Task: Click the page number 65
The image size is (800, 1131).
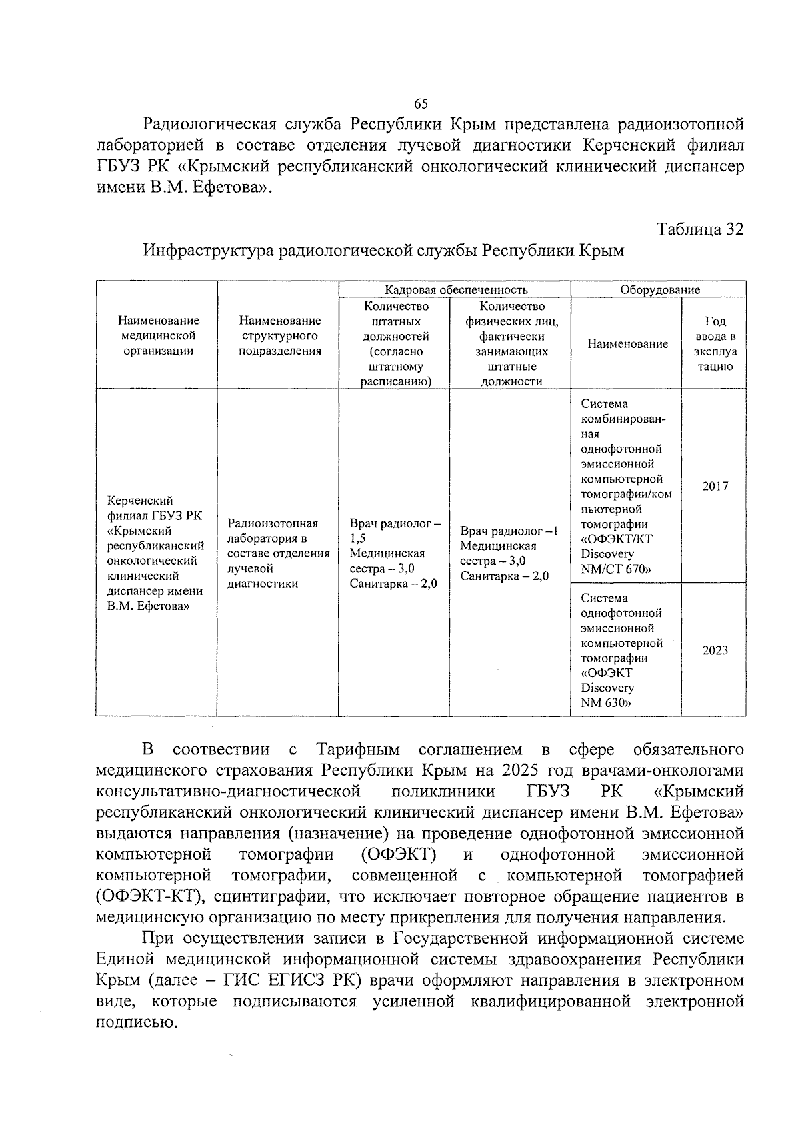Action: click(x=421, y=104)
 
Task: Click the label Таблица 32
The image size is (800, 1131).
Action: click(x=700, y=229)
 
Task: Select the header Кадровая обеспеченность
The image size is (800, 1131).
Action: click(x=455, y=289)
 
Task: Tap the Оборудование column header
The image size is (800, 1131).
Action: click(x=659, y=289)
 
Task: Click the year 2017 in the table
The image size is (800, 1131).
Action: click(x=715, y=486)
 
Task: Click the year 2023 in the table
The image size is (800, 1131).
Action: click(x=715, y=650)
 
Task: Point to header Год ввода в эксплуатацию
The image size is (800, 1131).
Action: click(x=715, y=343)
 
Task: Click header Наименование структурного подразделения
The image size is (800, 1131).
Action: click(x=279, y=336)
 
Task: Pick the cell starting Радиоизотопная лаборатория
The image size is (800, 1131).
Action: click(x=278, y=553)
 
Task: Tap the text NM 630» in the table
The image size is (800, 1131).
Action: click(x=606, y=702)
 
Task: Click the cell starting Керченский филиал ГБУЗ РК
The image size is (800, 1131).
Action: click(x=155, y=553)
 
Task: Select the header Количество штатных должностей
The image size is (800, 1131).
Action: click(x=395, y=343)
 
